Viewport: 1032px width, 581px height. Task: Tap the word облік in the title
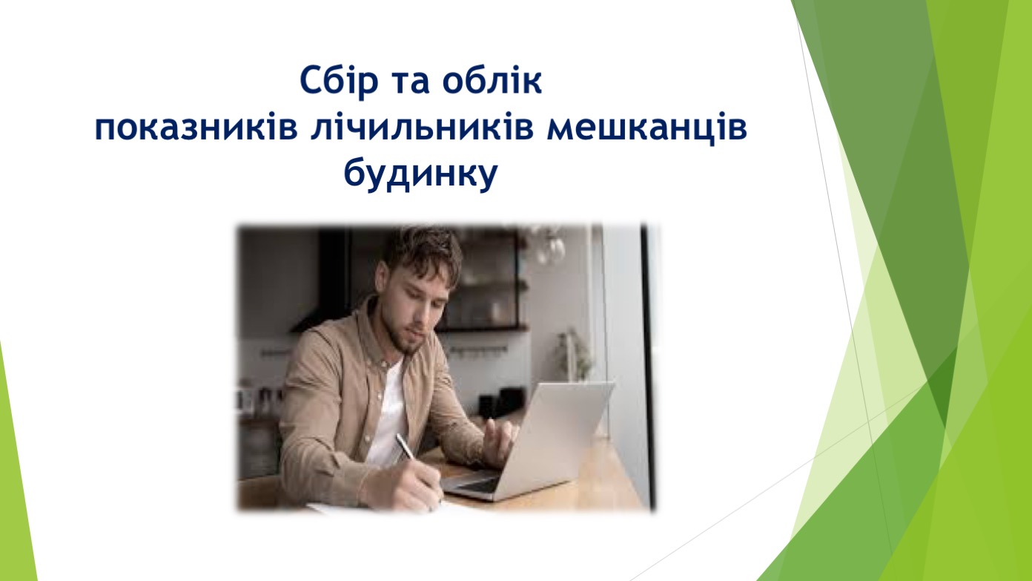[x=492, y=81]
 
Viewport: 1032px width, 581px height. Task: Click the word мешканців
[x=646, y=129]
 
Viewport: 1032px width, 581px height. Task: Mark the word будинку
[x=420, y=175]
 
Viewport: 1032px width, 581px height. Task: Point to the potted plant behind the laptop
[x=574, y=352]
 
